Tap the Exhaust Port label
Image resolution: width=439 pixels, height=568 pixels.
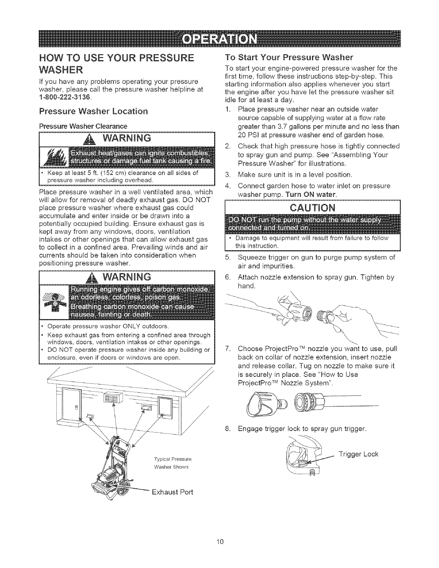tap(173, 491)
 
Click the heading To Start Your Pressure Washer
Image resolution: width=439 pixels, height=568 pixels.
tap(289, 57)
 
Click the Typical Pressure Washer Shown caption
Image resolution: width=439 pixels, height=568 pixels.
tap(173, 463)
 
